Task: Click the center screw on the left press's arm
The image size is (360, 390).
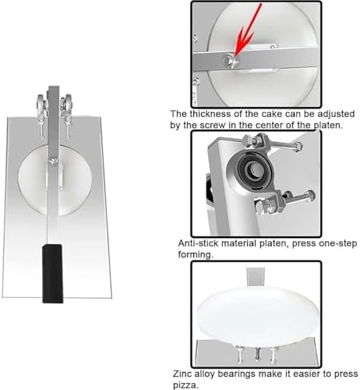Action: (52, 161)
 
